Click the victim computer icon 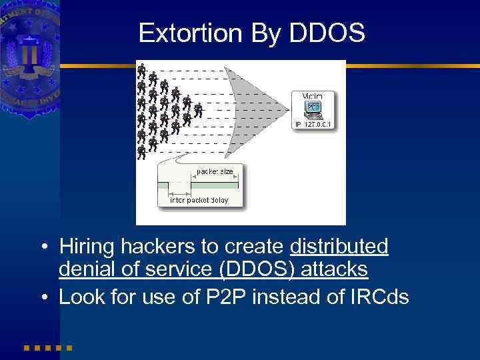click(x=312, y=109)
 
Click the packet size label click(x=215, y=171)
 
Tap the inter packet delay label click(x=199, y=200)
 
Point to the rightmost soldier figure click(x=198, y=109)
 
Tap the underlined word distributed click(x=339, y=247)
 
